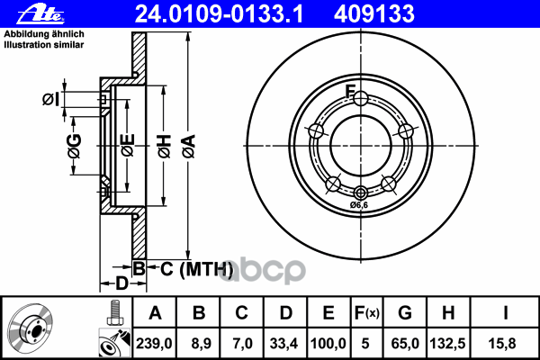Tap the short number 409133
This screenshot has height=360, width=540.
click(319, 13)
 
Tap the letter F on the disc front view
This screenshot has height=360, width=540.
click(352, 90)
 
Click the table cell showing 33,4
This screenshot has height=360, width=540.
click(285, 342)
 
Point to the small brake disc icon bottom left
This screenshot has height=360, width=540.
click(34, 328)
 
